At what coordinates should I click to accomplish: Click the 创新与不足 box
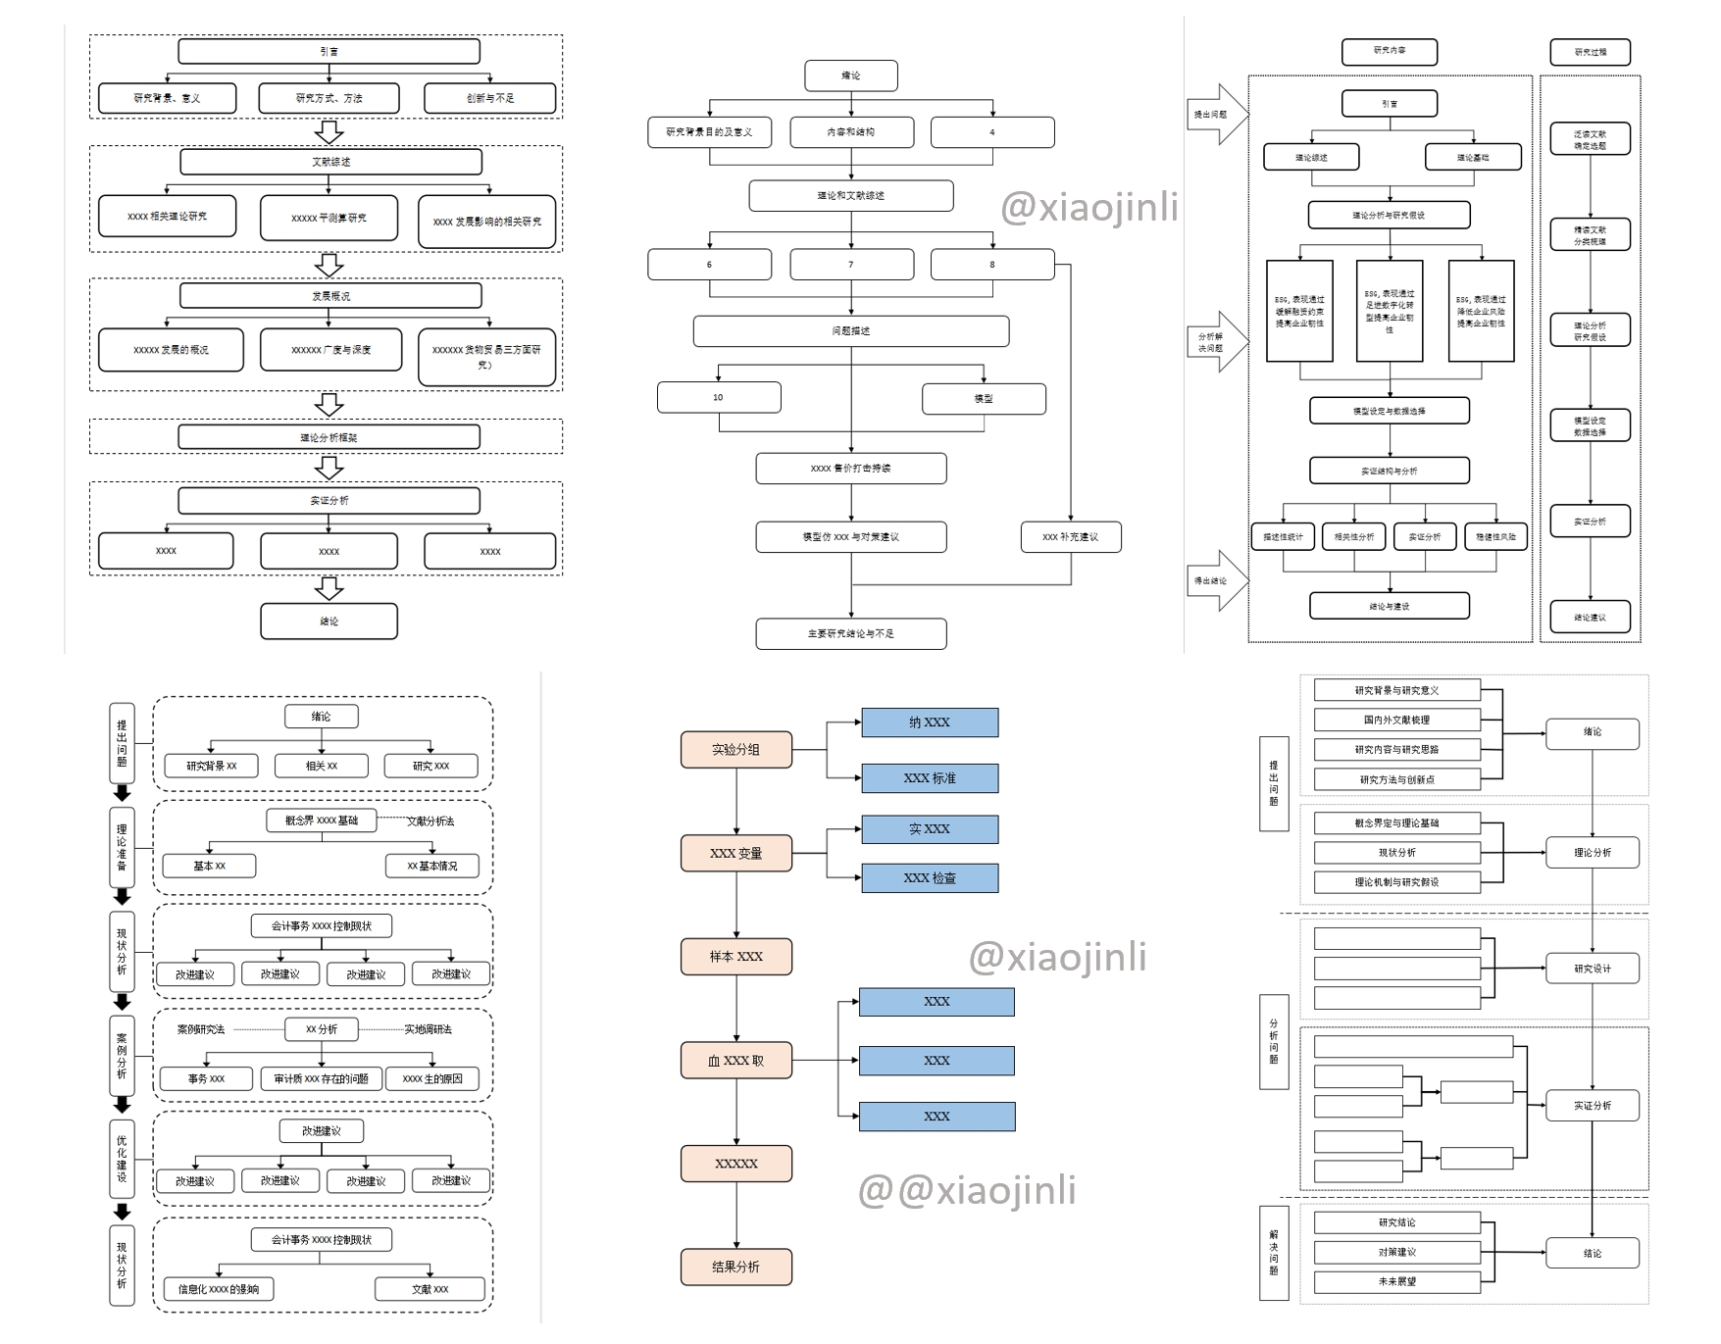pyautogui.click(x=489, y=98)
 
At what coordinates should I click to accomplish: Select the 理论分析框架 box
pyautogui.click(x=329, y=437)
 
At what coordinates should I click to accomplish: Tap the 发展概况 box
pyautogui.click(x=330, y=295)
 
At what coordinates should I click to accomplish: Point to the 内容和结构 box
pyautogui.click(x=851, y=132)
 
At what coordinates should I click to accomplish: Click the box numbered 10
pyautogui.click(x=719, y=397)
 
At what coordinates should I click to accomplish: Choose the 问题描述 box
pyautogui.click(x=850, y=331)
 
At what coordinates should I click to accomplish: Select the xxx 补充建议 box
pyautogui.click(x=1070, y=537)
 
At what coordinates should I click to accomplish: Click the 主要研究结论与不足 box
pyautogui.click(x=850, y=634)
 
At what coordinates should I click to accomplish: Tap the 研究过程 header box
pyautogui.click(x=1590, y=52)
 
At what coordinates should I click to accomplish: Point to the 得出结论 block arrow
pyautogui.click(x=1217, y=580)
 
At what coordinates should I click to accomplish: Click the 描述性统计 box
pyautogui.click(x=1283, y=537)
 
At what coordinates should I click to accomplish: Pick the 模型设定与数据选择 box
pyautogui.click(x=1389, y=411)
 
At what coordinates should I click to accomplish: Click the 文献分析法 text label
pyautogui.click(x=430, y=821)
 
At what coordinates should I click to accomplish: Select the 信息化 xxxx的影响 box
pyautogui.click(x=219, y=1289)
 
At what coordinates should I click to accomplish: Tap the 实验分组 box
pyautogui.click(x=735, y=750)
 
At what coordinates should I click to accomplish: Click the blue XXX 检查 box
pyautogui.click(x=930, y=878)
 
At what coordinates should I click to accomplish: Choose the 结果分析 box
pyautogui.click(x=735, y=1267)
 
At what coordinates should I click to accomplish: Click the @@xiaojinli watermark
pyautogui.click(x=966, y=1190)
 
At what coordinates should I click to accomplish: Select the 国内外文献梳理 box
pyautogui.click(x=1396, y=720)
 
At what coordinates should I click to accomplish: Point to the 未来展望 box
pyautogui.click(x=1396, y=1281)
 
